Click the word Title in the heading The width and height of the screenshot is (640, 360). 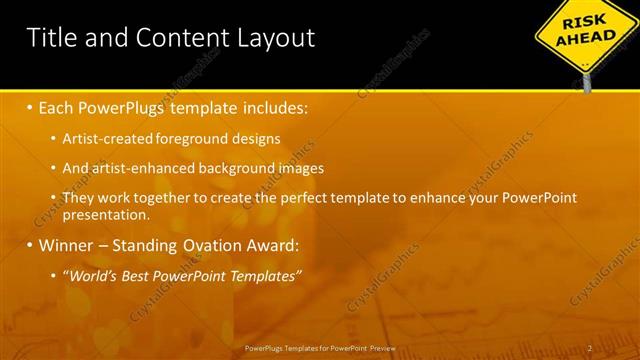tap(49, 38)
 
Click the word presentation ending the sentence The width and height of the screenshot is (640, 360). tap(105, 214)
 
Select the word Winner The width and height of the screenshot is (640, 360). tap(67, 245)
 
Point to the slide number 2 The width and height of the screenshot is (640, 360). tap(590, 348)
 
